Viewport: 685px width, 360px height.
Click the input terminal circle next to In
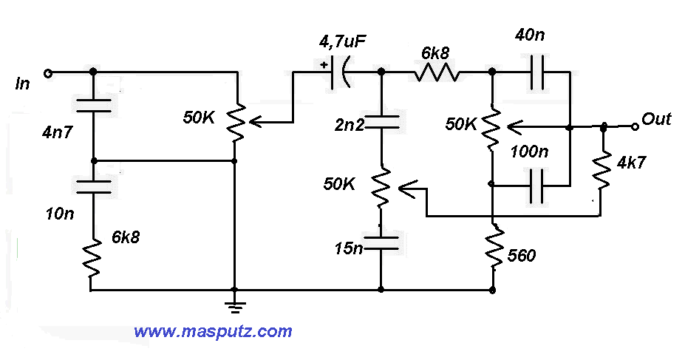click(48, 73)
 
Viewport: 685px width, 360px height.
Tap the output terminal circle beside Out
click(634, 127)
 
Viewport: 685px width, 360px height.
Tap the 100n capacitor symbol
click(537, 184)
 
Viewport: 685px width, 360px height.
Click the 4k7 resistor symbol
click(604, 170)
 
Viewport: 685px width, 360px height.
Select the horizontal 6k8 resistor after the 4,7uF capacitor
click(437, 72)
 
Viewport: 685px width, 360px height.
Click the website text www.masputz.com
click(213, 332)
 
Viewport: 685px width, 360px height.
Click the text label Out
click(656, 119)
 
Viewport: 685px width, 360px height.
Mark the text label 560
click(522, 257)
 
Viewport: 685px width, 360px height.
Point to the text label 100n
click(530, 152)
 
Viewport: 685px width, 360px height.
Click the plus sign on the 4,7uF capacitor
click(324, 65)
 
